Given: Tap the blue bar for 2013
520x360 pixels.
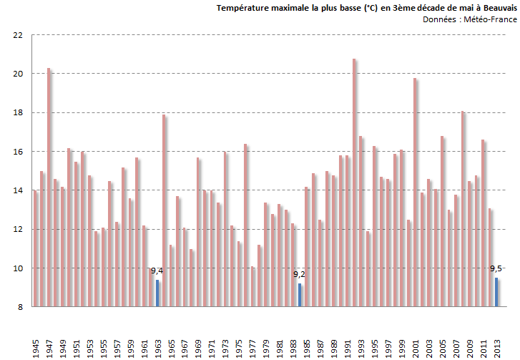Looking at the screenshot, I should [x=496, y=292].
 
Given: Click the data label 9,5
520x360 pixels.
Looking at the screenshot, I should [x=496, y=268].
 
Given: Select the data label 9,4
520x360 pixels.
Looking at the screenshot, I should [x=157, y=271].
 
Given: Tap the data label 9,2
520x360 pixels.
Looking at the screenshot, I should [x=300, y=274].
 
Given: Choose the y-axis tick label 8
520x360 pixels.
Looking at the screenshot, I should [x=21, y=307].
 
